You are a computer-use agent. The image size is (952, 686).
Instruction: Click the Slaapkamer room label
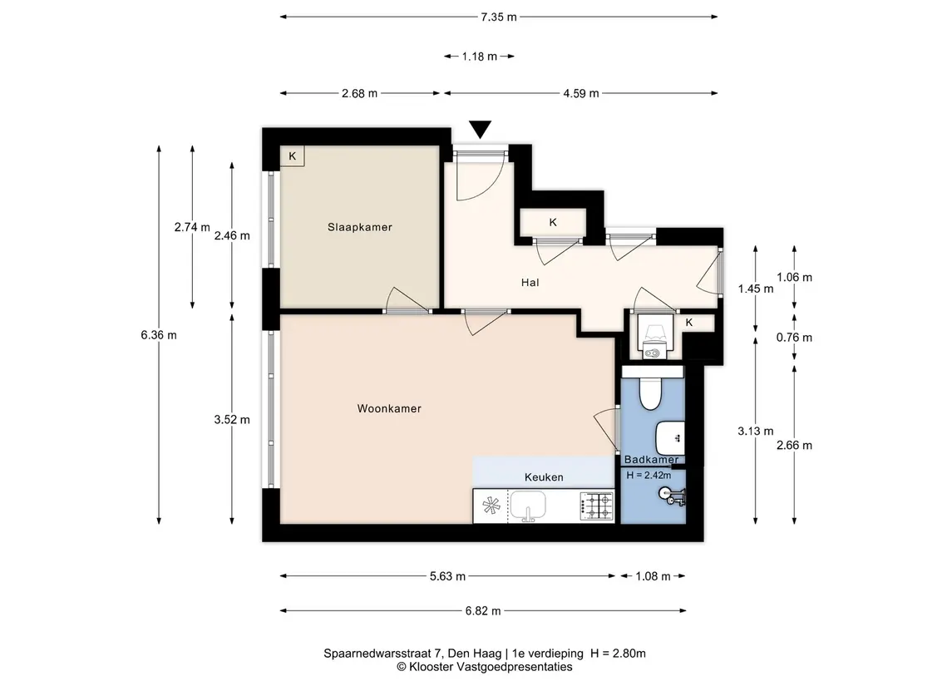click(359, 227)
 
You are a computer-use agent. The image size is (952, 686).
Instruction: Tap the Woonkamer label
click(389, 408)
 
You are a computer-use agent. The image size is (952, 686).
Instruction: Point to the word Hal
click(530, 282)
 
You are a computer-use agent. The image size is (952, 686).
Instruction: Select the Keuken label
click(544, 477)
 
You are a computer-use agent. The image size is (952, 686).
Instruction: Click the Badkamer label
click(651, 460)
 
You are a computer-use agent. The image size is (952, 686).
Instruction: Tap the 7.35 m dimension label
click(499, 17)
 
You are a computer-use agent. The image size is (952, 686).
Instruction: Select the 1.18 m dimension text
click(480, 57)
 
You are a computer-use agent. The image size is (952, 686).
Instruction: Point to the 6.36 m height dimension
click(159, 334)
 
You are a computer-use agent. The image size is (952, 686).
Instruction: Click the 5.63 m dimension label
click(447, 576)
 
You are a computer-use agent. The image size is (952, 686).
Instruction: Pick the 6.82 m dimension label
click(483, 610)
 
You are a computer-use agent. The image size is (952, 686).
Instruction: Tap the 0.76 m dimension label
click(794, 338)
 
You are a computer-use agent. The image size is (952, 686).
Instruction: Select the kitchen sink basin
click(528, 505)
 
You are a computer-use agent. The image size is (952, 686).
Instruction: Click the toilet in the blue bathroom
click(650, 392)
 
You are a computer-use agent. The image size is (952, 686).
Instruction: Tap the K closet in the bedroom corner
click(292, 156)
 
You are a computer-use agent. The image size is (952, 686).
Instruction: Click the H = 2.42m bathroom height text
click(649, 476)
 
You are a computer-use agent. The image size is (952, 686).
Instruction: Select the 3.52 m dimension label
click(232, 419)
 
